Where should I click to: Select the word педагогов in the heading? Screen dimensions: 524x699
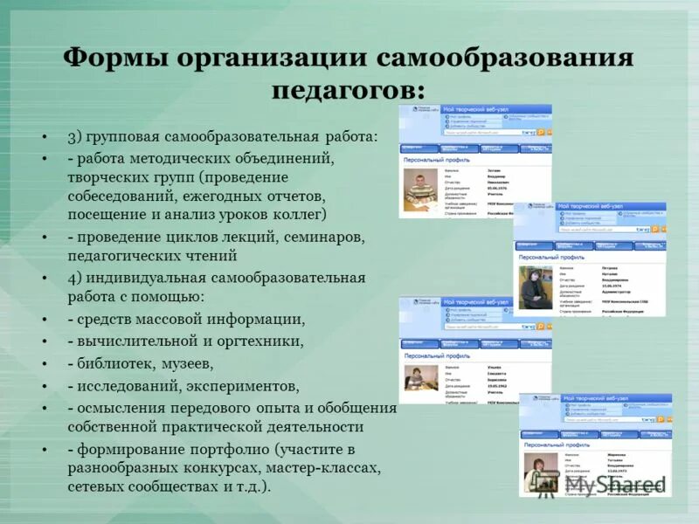point(349,89)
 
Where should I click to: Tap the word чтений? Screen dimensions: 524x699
point(209,257)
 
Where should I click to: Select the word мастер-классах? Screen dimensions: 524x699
point(326,467)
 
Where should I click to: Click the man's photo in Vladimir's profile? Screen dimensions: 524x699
point(425,189)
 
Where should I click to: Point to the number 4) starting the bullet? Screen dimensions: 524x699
point(76,278)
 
